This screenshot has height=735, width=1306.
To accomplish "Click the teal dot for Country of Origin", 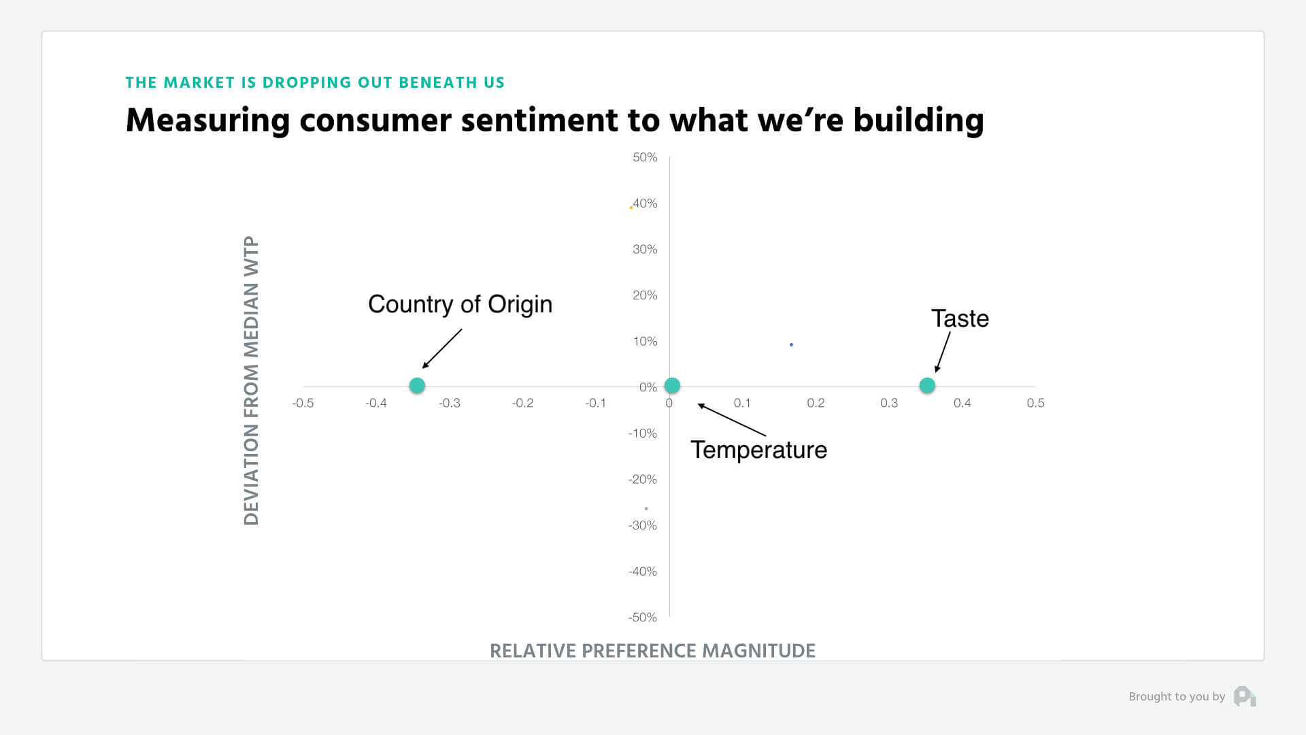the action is (417, 385).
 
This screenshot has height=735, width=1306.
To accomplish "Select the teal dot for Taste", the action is (927, 385).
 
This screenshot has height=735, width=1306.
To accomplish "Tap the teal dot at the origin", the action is (672, 385).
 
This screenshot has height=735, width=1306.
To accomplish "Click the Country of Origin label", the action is (460, 304).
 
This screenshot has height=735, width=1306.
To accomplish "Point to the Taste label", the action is (960, 318).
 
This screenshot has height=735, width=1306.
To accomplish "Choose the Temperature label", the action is (758, 450).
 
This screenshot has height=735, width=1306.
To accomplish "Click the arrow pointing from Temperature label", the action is (732, 420).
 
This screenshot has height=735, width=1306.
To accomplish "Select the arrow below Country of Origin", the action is (442, 349).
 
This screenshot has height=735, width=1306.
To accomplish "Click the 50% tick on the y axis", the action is (645, 157).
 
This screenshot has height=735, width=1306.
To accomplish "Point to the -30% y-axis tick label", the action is (643, 525).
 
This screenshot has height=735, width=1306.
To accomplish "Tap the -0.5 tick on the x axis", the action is (303, 403).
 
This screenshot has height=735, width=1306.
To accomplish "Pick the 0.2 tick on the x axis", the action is (816, 403).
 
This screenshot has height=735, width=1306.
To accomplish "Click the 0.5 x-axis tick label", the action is (1035, 403).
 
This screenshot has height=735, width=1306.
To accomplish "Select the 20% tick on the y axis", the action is (645, 295).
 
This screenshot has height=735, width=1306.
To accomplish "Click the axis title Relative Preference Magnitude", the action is (652, 651).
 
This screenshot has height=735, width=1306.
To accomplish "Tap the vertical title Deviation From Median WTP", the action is (251, 380).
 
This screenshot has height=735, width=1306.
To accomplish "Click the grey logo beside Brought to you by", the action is (1245, 696).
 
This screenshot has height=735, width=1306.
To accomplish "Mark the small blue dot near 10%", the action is (791, 344).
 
